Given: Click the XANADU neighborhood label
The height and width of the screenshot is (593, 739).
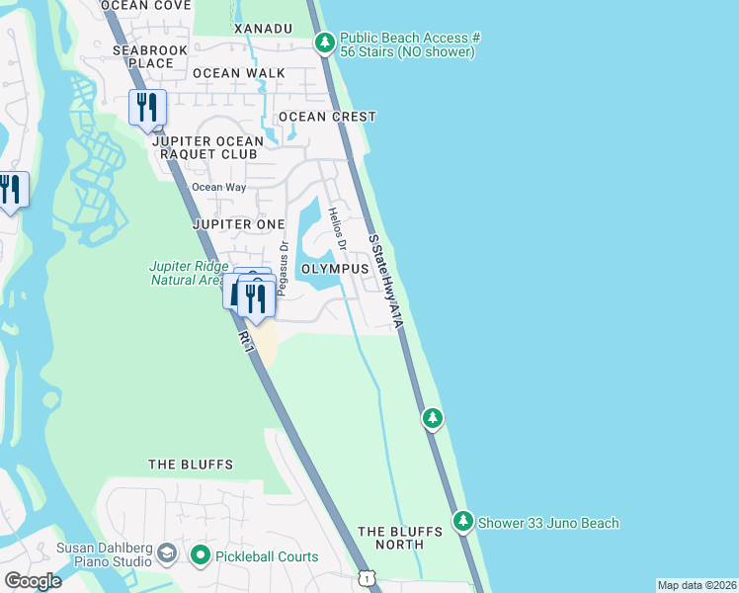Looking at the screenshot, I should click(263, 29).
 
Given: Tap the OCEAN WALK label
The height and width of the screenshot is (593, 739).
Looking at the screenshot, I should click(239, 73).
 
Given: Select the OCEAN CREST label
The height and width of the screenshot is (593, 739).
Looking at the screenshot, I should click(327, 117).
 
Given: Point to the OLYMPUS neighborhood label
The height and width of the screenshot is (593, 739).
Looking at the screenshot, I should click(335, 269).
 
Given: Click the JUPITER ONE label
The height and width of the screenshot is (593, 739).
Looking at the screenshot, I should click(238, 224).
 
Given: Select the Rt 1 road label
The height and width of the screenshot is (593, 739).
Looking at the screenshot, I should click(245, 340).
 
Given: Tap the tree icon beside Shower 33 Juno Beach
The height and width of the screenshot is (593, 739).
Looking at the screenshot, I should click(462, 521).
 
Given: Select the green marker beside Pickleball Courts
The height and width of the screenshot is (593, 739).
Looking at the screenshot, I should click(201, 556).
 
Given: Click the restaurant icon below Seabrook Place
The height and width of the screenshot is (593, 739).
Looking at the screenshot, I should click(147, 107).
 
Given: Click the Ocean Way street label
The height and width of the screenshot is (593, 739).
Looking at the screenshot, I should click(214, 187).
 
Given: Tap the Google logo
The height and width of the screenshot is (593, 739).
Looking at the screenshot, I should click(33, 581).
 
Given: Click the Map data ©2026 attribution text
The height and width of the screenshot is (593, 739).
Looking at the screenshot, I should click(697, 584).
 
